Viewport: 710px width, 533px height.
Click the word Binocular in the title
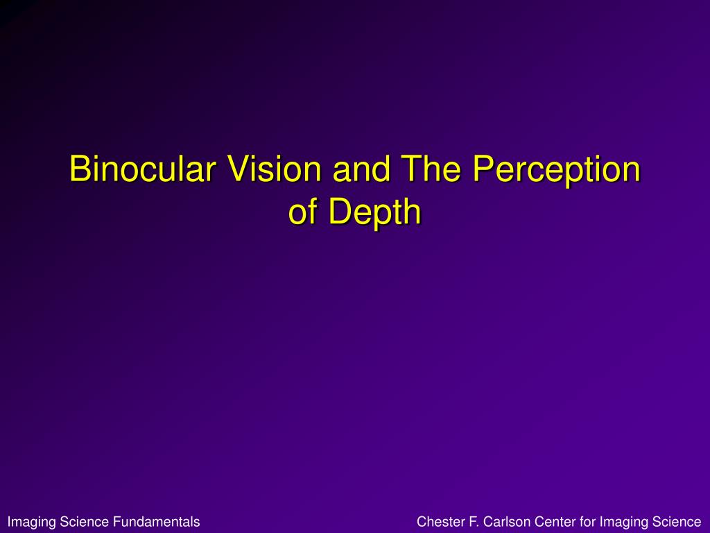142,168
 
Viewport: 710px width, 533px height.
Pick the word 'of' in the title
303,211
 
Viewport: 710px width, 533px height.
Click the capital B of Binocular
79,169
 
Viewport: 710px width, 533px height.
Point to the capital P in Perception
483,169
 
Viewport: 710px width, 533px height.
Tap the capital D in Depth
340,211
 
